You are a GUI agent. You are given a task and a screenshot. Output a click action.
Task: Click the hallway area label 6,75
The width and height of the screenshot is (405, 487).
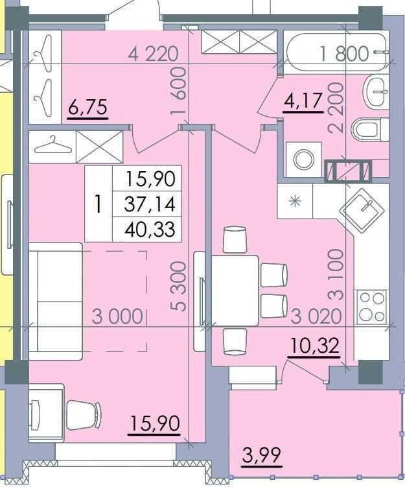pyautogui.click(x=88, y=108)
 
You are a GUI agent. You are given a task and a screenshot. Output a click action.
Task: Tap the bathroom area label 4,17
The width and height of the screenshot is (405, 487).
pyautogui.click(x=303, y=101)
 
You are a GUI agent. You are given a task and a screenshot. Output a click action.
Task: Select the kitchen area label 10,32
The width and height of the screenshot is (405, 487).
pyautogui.click(x=315, y=346)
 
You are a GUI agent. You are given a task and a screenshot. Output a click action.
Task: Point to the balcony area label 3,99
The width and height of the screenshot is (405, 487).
pyautogui.click(x=262, y=455)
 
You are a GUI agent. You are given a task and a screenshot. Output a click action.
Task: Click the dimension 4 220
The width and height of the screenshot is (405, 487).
pyautogui.click(x=154, y=54)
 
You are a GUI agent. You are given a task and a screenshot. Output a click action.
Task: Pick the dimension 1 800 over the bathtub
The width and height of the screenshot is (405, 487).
pyautogui.click(x=345, y=53)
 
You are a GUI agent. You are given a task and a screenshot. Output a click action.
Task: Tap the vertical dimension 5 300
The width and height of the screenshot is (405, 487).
pyautogui.click(x=179, y=287)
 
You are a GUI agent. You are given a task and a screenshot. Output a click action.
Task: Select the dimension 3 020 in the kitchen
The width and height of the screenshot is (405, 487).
pyautogui.click(x=316, y=317)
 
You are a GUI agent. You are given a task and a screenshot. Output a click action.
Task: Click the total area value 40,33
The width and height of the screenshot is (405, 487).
pyautogui.click(x=150, y=230)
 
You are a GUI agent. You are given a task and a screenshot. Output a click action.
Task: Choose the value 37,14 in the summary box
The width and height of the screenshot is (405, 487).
pyautogui.click(x=150, y=204)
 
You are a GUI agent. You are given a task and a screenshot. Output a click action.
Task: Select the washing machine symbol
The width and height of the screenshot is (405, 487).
pyautogui.click(x=303, y=160)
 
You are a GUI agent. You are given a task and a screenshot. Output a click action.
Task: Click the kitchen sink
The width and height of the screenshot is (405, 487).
pyautogui.click(x=362, y=210)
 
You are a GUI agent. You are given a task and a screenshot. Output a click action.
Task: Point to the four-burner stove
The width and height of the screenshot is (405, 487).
pyautogui.click(x=371, y=307)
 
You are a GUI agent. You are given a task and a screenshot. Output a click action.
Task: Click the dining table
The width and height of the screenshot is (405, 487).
pyautogui.click(x=235, y=291)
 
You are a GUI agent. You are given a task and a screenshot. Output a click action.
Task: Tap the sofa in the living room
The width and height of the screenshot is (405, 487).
pyautogui.click(x=56, y=301)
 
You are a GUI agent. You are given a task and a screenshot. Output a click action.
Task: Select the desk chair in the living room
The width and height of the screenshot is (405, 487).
pyautogui.click(x=84, y=415)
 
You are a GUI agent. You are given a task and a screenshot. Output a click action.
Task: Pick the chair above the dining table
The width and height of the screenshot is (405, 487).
pyautogui.click(x=235, y=239)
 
